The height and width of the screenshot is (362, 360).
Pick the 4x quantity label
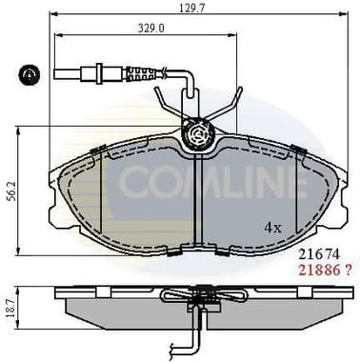[x=274, y=228]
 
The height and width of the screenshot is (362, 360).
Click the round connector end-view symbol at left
[x=29, y=73]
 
